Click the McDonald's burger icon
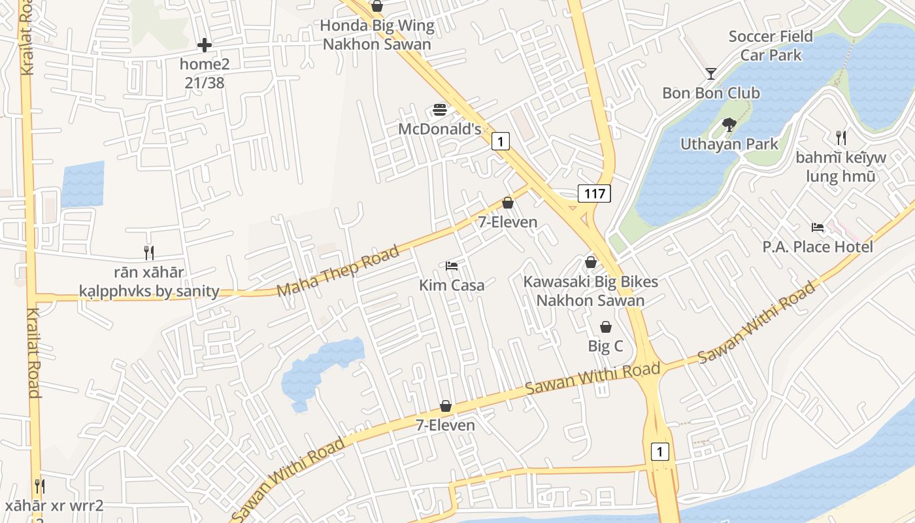click(x=440, y=110)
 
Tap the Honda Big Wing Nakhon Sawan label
click(x=377, y=35)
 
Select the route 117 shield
click(x=594, y=193)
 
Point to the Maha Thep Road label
click(x=338, y=271)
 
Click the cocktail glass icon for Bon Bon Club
click(x=711, y=74)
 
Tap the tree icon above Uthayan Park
click(x=729, y=124)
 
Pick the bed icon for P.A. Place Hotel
click(x=818, y=228)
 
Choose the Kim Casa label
click(x=452, y=285)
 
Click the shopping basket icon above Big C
click(x=606, y=327)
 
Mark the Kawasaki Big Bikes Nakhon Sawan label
click(x=591, y=291)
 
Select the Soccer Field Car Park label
click(x=771, y=46)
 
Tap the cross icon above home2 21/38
click(x=205, y=45)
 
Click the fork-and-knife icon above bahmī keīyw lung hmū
click(x=841, y=138)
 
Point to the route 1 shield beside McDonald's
click(x=500, y=141)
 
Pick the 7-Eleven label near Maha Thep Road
click(x=508, y=222)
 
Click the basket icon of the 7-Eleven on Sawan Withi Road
click(x=446, y=406)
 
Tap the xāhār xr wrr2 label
click(x=54, y=506)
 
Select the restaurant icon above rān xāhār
click(x=149, y=252)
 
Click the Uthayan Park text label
click(x=729, y=144)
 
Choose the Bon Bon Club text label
click(x=711, y=93)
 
